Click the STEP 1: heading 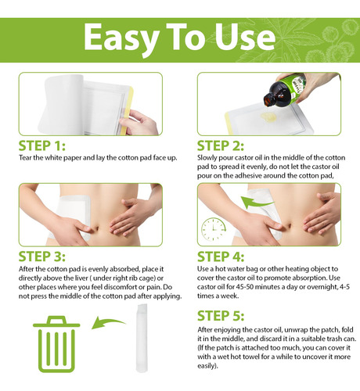click(41, 145)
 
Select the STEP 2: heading click(221, 145)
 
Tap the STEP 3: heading click(41, 256)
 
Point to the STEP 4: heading click(221, 256)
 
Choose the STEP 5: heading click(221, 316)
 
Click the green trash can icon click(56, 344)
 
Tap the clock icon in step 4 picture click(214, 229)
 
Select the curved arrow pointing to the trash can click(108, 323)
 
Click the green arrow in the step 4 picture click(257, 203)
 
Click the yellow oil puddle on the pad click(268, 117)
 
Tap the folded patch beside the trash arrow click(142, 338)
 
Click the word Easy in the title click(121, 38)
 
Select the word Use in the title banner click(245, 37)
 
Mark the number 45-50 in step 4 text click(245, 287)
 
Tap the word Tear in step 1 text click(25, 158)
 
